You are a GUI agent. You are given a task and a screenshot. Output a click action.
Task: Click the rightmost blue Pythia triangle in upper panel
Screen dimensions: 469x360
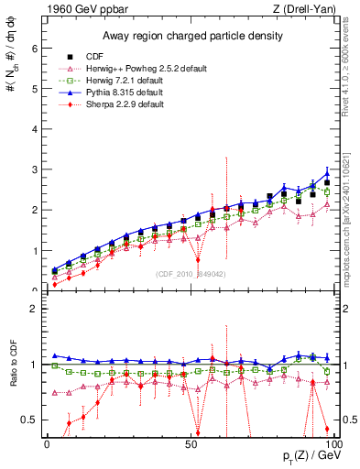(x=327, y=173)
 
